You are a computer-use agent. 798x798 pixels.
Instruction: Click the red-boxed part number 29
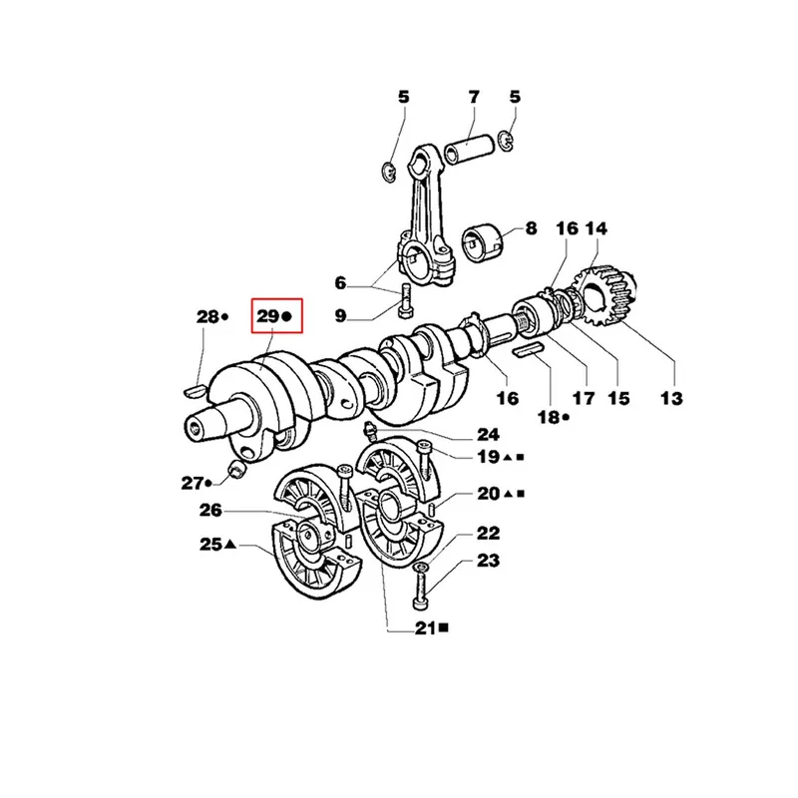click(x=267, y=316)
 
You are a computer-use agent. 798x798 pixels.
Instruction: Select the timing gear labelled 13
click(x=604, y=297)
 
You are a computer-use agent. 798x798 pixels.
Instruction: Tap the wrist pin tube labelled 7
click(x=469, y=148)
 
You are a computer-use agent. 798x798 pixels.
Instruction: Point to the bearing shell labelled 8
click(x=482, y=241)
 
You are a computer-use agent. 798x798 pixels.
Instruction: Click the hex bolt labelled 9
click(x=406, y=300)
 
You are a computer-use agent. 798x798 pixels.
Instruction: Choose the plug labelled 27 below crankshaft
click(x=236, y=469)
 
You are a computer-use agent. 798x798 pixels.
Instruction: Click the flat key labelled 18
click(x=529, y=350)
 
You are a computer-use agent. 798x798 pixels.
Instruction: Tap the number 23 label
click(x=487, y=561)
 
